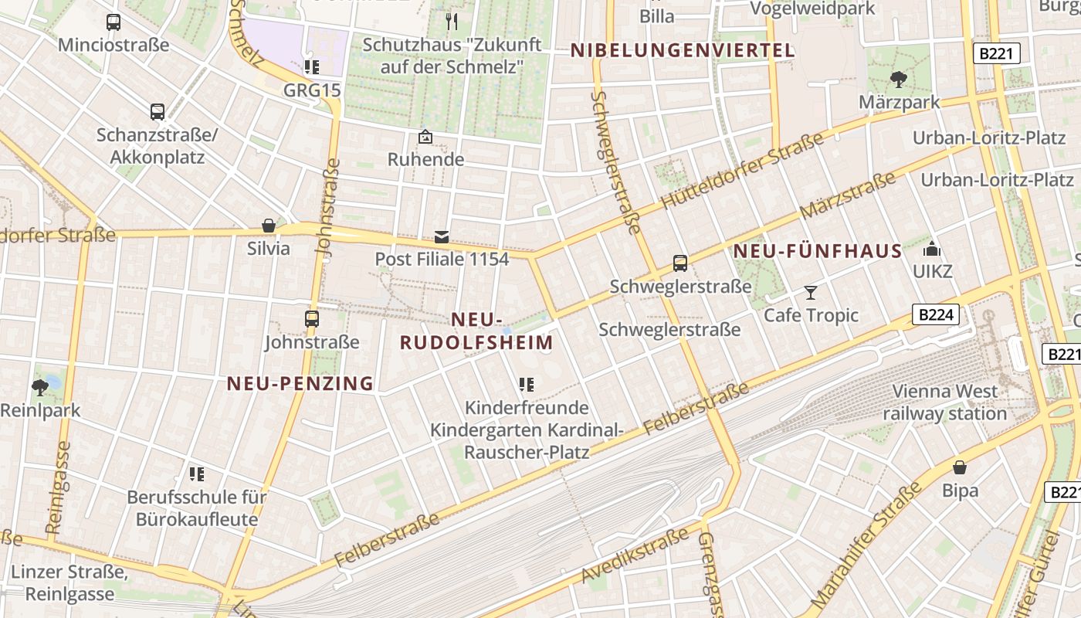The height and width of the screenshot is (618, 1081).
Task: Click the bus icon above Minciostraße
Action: click(x=114, y=22)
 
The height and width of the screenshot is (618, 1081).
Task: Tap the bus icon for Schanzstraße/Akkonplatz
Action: click(x=158, y=112)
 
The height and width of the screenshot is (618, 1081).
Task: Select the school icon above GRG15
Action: click(x=312, y=67)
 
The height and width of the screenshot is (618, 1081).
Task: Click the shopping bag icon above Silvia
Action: click(x=269, y=226)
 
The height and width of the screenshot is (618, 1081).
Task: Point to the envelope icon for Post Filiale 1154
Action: click(x=442, y=236)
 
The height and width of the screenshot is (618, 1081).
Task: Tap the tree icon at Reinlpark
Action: click(x=40, y=387)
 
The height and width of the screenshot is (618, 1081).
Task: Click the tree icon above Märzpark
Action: click(x=898, y=79)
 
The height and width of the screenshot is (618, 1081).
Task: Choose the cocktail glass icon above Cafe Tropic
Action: click(x=811, y=292)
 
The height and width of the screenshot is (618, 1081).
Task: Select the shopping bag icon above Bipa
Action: click(x=960, y=467)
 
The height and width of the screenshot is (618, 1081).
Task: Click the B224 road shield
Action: click(x=936, y=314)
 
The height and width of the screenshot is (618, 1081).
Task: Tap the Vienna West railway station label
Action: click(x=945, y=402)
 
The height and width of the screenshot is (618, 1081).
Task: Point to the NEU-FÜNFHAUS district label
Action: click(x=818, y=251)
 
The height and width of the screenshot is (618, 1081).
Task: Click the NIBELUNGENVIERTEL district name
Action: click(x=683, y=51)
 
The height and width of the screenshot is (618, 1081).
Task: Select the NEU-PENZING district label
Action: click(x=300, y=383)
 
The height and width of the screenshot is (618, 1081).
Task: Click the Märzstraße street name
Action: click(x=847, y=196)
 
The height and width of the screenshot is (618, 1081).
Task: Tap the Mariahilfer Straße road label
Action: click(x=867, y=544)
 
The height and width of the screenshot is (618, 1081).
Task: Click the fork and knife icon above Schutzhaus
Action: click(x=452, y=21)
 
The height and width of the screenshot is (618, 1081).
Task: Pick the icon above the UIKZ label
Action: click(x=932, y=249)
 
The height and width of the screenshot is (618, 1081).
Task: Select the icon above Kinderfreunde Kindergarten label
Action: click(x=527, y=385)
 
